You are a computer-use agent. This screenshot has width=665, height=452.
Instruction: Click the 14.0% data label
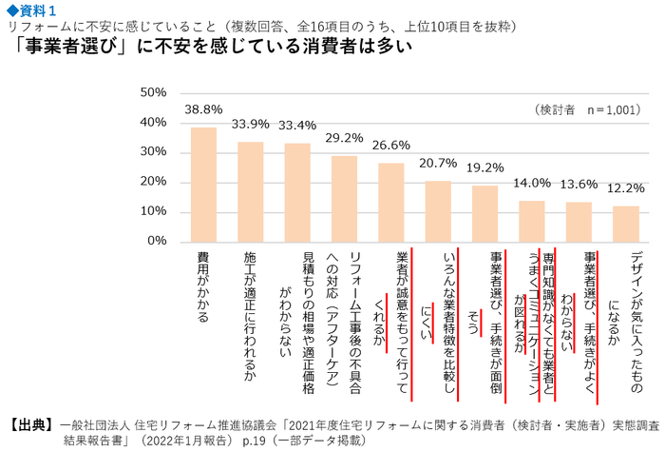(x=531, y=183)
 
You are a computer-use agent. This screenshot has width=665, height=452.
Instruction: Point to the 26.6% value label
(x=390, y=146)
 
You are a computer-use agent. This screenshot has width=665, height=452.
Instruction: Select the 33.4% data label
(x=297, y=125)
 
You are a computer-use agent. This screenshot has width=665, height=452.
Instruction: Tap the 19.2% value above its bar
(x=484, y=167)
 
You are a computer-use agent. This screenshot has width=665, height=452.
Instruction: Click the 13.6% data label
(x=579, y=185)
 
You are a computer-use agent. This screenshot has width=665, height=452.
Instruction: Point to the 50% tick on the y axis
(x=153, y=93)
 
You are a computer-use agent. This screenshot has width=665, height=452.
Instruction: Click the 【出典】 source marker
(x=28, y=424)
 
